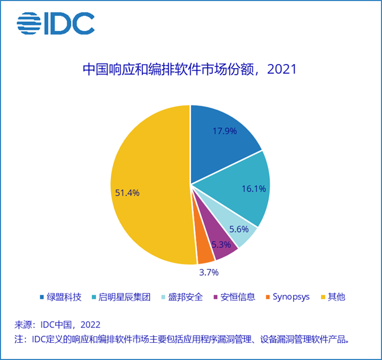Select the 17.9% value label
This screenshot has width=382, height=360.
click(x=224, y=130)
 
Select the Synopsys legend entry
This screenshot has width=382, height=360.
click(x=287, y=297)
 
